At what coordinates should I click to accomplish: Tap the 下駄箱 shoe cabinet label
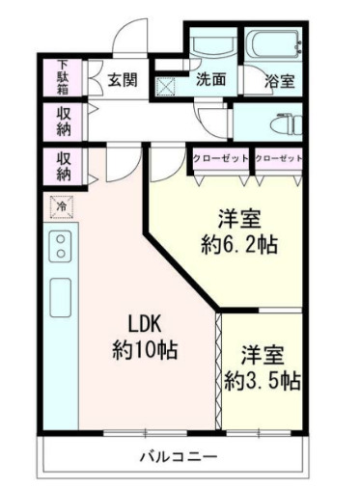(63, 77)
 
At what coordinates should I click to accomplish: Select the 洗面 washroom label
(211, 79)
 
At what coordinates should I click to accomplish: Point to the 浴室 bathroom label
(280, 81)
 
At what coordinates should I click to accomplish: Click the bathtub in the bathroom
(273, 45)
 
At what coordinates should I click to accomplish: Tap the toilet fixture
(286, 124)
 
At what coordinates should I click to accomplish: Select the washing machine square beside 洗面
(166, 87)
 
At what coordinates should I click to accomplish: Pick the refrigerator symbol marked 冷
(62, 206)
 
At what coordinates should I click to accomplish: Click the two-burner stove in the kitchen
(61, 246)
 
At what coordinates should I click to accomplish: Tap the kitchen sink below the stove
(61, 298)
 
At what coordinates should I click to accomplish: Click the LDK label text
(145, 326)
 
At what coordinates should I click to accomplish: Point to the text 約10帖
(145, 350)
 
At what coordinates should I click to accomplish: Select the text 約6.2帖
(239, 245)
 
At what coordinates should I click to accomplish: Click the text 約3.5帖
(263, 381)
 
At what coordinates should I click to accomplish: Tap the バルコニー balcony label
(179, 456)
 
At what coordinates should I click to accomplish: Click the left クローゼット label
(221, 158)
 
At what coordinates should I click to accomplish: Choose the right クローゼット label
(279, 158)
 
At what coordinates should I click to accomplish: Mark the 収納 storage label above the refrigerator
(64, 166)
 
